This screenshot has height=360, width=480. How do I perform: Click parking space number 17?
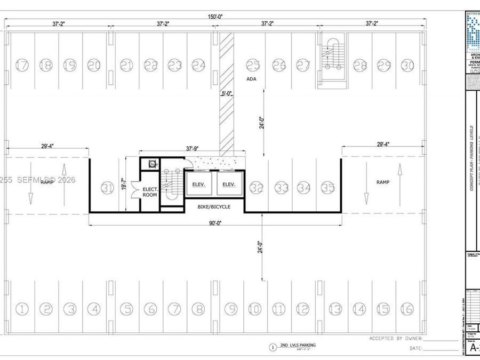[22, 65]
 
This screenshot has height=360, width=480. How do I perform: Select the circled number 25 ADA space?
[252, 65]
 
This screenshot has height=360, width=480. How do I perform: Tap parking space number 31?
[108, 188]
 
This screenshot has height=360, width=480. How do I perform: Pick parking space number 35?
[328, 188]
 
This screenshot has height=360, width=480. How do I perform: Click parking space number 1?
[22, 308]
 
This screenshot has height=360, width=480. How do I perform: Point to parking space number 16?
[407, 308]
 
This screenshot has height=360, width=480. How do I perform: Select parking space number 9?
[230, 308]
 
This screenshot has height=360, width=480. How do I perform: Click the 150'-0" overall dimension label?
[216, 17]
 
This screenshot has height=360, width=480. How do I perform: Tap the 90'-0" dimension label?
[215, 223]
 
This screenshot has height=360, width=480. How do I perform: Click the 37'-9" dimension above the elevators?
[195, 149]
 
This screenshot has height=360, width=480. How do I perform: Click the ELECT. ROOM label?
[150, 192]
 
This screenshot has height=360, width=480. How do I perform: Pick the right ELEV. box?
[229, 185]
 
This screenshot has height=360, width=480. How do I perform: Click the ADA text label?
[252, 79]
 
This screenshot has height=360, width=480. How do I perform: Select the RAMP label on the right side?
[383, 182]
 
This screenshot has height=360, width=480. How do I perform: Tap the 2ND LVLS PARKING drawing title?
[298, 346]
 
